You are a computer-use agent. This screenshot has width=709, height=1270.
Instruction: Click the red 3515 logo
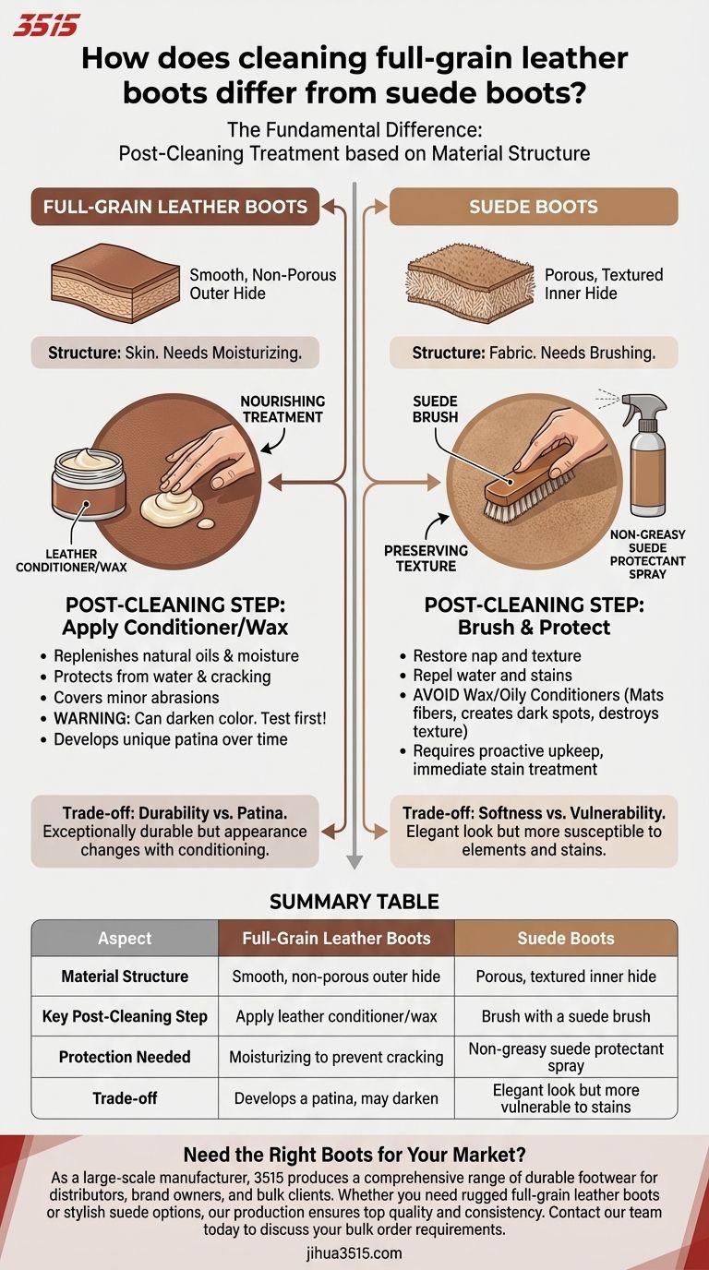(46, 26)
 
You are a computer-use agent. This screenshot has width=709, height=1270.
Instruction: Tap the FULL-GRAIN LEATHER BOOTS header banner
(175, 207)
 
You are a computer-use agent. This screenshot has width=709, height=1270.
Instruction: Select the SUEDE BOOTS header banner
(534, 207)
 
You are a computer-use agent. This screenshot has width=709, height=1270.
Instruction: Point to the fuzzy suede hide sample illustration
(470, 282)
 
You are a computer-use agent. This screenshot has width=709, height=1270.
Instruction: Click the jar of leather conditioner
(89, 484)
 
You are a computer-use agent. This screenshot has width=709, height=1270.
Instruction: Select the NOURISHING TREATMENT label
(282, 409)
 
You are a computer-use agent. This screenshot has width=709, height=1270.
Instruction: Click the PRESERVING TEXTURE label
(426, 558)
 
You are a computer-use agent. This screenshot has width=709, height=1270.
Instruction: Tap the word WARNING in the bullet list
(91, 718)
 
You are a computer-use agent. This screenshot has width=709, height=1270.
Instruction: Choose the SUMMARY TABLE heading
(354, 902)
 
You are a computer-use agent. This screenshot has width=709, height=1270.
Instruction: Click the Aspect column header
(125, 939)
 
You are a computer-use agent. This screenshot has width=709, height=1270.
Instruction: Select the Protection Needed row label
(125, 1057)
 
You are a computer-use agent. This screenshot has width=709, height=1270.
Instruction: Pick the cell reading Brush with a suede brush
(566, 1016)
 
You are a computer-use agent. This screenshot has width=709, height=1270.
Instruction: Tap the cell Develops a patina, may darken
(336, 1098)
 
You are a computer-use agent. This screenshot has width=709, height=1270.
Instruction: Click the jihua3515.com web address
(354, 1253)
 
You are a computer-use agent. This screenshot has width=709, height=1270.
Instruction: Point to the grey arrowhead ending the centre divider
(354, 862)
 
